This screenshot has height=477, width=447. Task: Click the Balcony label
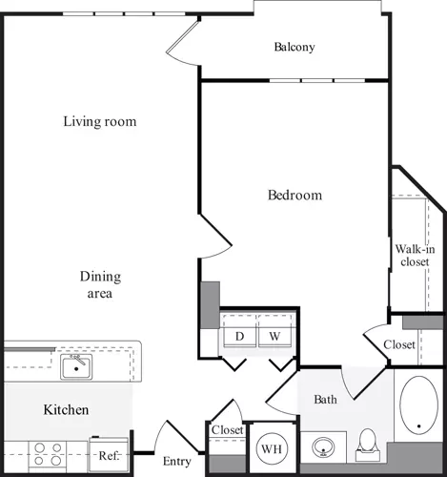click(x=294, y=47)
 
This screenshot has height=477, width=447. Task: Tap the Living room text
click(x=99, y=121)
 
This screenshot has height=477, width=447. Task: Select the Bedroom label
click(x=295, y=195)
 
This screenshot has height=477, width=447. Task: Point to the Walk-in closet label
click(x=414, y=256)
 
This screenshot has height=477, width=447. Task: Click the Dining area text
click(x=99, y=285)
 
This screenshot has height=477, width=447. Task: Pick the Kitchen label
click(x=67, y=410)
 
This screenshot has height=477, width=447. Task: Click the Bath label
click(x=325, y=399)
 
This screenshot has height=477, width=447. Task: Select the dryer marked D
click(x=239, y=336)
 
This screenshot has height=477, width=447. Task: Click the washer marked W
click(x=274, y=336)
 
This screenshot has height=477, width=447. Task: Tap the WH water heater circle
click(x=270, y=447)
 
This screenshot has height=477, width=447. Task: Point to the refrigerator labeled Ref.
click(x=109, y=455)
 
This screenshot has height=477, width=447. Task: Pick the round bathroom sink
click(x=323, y=446)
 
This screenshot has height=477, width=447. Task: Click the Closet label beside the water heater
click(x=227, y=430)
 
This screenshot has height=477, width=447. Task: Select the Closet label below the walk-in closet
click(x=399, y=344)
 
